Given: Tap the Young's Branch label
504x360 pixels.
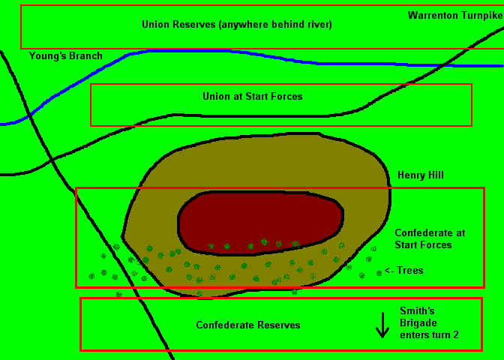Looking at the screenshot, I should [66, 56].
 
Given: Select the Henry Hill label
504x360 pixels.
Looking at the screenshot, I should [421, 175].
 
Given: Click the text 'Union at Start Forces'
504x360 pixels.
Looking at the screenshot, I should [253, 97].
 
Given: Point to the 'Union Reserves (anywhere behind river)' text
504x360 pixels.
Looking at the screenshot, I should [236, 25].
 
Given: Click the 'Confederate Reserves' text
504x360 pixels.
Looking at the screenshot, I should [248, 325].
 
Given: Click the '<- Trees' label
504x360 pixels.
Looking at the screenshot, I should [403, 270].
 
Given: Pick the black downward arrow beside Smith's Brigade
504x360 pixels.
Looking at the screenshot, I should [382, 324].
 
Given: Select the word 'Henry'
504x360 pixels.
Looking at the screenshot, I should [411, 175].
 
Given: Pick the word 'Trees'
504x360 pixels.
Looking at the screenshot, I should [410, 270].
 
